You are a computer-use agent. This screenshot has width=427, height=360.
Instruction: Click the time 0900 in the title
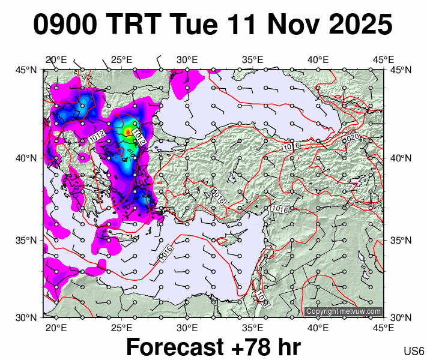point(66,25)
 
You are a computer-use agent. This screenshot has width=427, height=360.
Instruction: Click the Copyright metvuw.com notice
point(344,311)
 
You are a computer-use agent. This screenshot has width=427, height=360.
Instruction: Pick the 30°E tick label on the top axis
point(187,59)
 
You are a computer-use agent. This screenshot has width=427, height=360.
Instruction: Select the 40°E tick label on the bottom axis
point(318,328)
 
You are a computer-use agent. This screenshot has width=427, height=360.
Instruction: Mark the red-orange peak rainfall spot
point(127,131)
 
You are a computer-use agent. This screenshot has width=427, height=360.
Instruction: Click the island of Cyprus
point(223,241)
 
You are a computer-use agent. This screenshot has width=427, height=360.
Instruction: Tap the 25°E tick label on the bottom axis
point(121,328)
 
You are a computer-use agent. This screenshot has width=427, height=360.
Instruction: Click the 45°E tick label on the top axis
point(383,59)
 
